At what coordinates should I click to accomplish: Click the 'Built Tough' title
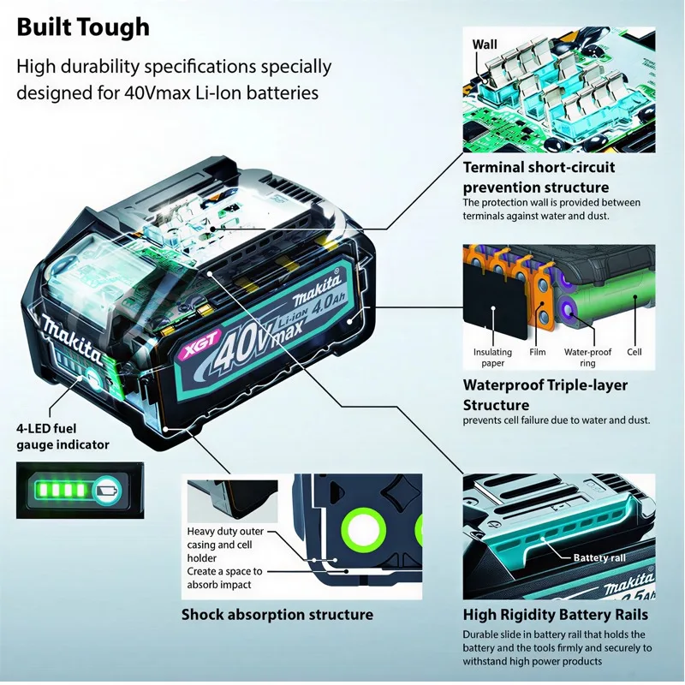click(x=83, y=27)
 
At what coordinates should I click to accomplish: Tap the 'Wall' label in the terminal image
click(x=485, y=43)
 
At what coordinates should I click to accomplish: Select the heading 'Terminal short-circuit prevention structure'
click(x=536, y=177)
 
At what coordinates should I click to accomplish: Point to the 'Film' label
click(x=538, y=352)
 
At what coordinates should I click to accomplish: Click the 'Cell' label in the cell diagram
click(x=634, y=352)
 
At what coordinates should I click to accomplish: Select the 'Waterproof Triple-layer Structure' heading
click(x=545, y=395)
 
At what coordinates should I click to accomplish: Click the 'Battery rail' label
click(x=599, y=558)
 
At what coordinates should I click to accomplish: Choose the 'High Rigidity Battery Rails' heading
click(x=555, y=615)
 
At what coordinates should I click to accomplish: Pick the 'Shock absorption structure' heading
click(x=277, y=615)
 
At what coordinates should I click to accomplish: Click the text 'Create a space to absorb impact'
click(x=225, y=578)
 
